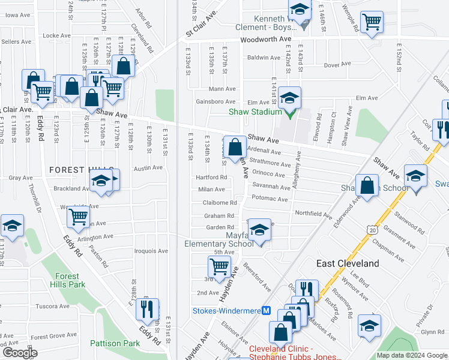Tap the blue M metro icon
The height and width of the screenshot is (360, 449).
267,310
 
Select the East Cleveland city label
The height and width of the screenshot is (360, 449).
348,263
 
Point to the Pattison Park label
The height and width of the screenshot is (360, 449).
115,343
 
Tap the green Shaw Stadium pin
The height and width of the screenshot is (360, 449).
289,112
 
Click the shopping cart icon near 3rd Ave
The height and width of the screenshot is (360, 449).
220,266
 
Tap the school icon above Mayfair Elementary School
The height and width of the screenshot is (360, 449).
259,230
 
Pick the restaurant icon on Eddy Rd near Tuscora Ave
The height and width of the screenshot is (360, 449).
147,309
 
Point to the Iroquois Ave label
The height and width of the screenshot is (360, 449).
151,251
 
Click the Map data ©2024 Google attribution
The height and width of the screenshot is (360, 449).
412,355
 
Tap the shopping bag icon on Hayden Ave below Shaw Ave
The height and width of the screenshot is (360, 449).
236,147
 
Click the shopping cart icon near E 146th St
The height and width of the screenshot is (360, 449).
372,22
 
